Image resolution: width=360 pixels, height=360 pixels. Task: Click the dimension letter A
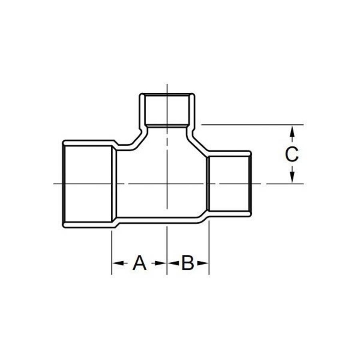point(139,263)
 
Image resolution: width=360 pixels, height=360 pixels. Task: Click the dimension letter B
point(188,263)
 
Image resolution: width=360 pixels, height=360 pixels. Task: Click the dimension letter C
point(292,154)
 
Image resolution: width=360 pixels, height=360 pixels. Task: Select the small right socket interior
point(229,184)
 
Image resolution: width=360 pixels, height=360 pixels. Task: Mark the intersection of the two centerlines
point(167,184)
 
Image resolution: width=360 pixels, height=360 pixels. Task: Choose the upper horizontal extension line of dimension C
point(252,125)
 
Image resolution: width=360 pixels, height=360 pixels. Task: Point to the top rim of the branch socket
point(167,94)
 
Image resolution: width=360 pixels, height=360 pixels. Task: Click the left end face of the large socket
point(64,184)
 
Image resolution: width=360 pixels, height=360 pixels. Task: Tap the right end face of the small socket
point(250,184)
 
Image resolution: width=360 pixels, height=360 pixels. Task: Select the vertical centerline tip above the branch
point(167,86)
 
